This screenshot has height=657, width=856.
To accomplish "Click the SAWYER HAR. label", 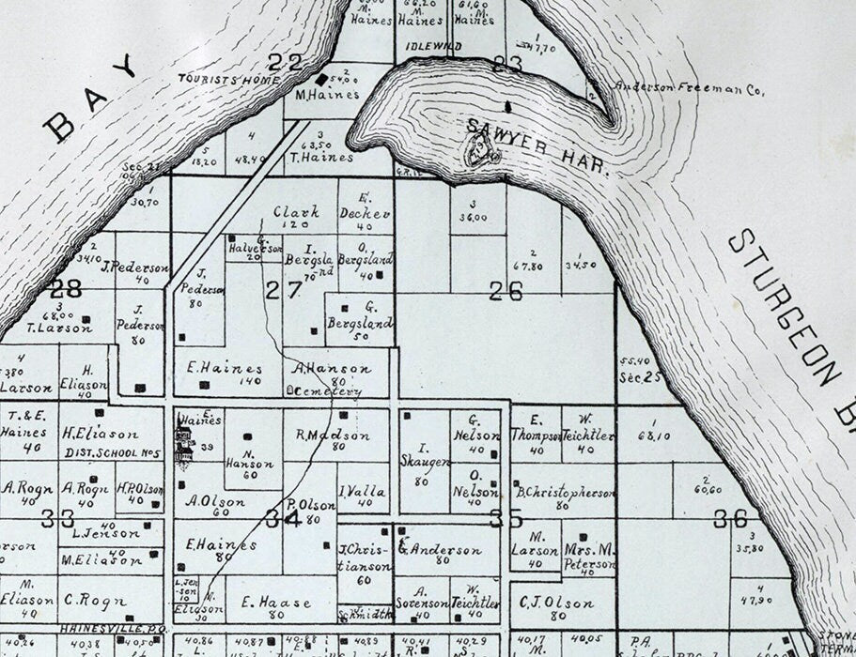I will [538, 148].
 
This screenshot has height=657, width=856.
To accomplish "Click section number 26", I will [506, 291].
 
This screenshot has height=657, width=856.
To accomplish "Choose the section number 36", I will [730, 518].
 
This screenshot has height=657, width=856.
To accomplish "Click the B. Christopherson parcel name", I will [565, 492].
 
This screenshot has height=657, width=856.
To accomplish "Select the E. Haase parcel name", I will [263, 602].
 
